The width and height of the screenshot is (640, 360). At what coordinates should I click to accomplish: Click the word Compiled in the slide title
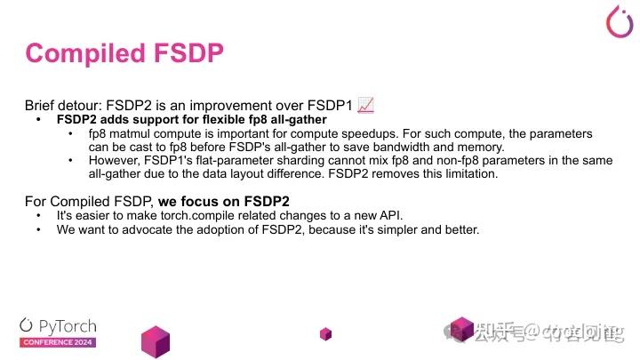click(80, 53)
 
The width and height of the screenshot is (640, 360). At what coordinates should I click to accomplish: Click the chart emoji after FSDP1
click(364, 105)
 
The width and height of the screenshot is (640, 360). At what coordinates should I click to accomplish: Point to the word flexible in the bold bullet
click(226, 119)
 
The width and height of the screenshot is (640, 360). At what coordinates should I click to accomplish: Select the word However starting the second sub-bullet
click(114, 161)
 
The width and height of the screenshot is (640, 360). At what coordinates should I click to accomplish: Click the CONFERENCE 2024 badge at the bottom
click(59, 342)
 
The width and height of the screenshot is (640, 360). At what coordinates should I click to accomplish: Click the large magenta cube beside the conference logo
click(155, 341)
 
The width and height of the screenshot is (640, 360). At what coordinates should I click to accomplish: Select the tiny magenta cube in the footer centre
click(326, 333)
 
